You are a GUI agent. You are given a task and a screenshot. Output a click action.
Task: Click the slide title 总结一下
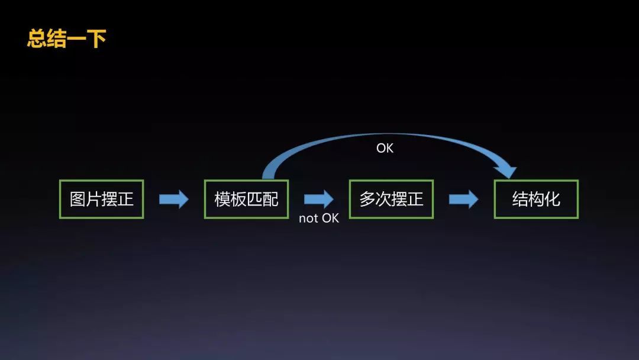(x=66, y=39)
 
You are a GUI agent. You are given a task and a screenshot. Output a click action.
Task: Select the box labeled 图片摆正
(x=102, y=199)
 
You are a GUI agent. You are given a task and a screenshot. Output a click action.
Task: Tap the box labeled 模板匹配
(x=246, y=199)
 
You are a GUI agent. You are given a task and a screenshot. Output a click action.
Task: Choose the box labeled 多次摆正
(x=391, y=199)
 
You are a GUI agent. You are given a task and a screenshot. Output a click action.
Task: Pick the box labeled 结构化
(x=536, y=199)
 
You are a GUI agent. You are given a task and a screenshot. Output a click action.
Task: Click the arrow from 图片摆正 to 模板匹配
(x=174, y=199)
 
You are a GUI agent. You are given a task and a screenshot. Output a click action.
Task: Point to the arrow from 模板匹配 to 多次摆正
(x=319, y=199)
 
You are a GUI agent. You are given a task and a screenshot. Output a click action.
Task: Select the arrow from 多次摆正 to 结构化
(x=463, y=199)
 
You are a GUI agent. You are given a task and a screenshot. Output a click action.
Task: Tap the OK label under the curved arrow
(x=385, y=148)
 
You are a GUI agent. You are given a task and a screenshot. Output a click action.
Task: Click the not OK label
(x=319, y=218)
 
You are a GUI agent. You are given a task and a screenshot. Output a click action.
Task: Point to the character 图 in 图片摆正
(x=78, y=199)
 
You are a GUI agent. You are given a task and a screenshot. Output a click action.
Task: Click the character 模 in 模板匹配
(x=222, y=199)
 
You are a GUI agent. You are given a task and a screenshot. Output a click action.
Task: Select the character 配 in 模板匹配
(x=270, y=199)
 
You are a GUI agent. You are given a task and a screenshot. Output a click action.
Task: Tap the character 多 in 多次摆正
(x=367, y=199)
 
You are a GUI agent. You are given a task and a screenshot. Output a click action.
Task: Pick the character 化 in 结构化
(x=552, y=199)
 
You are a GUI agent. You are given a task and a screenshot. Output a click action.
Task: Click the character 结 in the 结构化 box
(x=520, y=199)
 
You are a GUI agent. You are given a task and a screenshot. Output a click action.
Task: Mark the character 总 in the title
(x=37, y=39)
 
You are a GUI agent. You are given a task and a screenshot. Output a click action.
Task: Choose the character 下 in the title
(x=96, y=39)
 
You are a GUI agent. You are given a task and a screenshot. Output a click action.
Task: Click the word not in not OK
(x=309, y=218)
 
